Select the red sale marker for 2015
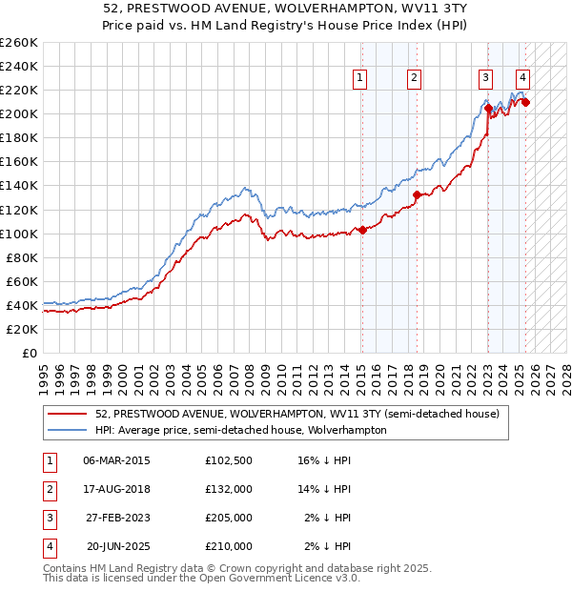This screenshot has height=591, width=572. pyautogui.click(x=362, y=230)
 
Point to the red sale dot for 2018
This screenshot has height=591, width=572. pyautogui.click(x=417, y=194)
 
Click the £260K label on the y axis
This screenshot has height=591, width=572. pyautogui.click(x=18, y=43)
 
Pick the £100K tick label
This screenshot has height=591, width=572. pyautogui.click(x=18, y=234)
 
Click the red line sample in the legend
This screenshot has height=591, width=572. pyautogui.click(x=68, y=415)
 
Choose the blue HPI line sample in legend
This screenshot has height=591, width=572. pyautogui.click(x=68, y=431)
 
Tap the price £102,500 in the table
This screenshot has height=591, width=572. pyautogui.click(x=229, y=460)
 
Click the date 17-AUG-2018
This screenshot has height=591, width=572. pyautogui.click(x=117, y=489)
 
